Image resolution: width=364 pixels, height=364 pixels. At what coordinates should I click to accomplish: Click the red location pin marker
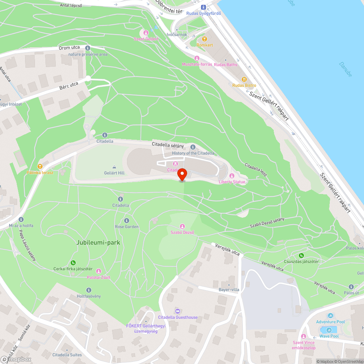(182, 175)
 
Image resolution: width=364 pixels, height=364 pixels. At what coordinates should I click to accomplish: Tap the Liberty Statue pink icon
(232, 176)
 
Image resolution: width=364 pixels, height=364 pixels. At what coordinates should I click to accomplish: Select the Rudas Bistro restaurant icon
(244, 79)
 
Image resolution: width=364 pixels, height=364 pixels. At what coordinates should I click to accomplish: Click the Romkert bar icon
(204, 39)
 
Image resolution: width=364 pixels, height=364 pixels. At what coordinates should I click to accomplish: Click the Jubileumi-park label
(98, 242)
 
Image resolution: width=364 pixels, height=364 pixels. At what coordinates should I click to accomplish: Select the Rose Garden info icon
(127, 221)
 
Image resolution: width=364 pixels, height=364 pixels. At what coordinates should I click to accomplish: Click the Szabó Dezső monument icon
(182, 226)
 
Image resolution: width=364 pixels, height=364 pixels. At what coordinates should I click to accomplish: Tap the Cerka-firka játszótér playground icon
(73, 263)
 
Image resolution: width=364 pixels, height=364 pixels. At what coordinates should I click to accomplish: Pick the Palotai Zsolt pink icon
(98, 271)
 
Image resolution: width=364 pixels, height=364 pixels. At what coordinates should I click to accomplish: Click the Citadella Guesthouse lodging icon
(177, 311)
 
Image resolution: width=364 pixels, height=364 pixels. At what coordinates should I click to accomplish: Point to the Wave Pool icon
(329, 330)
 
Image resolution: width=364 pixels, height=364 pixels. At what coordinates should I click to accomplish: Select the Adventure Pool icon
(331, 316)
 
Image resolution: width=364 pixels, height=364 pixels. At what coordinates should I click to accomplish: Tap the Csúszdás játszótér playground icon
(301, 256)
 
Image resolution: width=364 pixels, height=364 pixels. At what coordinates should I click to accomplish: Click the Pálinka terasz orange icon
(40, 166)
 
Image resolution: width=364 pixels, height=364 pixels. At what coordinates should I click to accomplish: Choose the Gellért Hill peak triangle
(114, 167)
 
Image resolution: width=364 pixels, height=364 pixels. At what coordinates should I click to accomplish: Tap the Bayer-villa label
(229, 290)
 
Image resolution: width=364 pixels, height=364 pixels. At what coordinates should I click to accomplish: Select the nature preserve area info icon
(87, 48)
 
